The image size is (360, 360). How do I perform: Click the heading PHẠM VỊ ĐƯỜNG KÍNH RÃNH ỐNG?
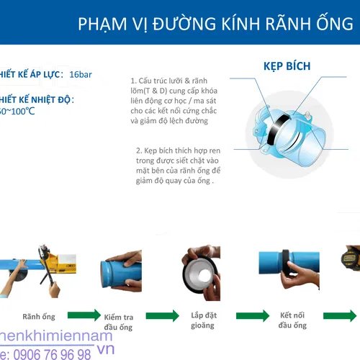tap(216, 26)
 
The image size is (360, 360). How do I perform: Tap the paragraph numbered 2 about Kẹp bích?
tap(178, 166)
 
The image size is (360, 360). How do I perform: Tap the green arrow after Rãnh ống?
tap(84, 315)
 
